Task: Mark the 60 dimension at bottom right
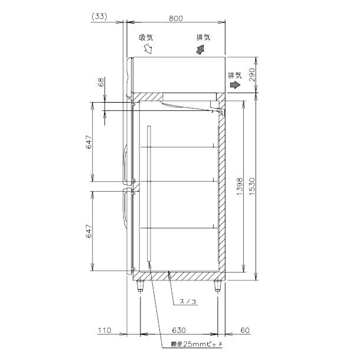click(x=244, y=330)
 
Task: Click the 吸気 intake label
click(x=146, y=37)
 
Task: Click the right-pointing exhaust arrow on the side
click(x=235, y=85)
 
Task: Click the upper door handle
click(x=126, y=163)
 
